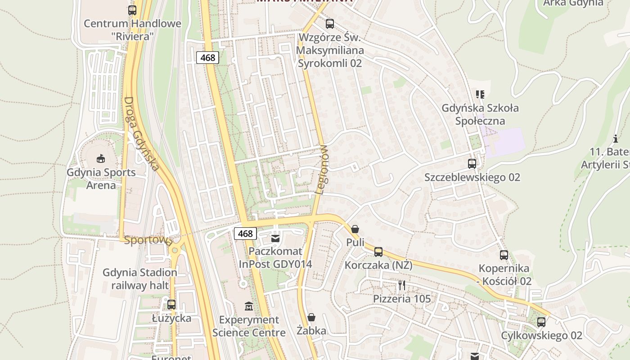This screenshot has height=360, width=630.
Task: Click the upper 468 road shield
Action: (x=207, y=58)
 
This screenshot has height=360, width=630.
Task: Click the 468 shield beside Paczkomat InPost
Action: (x=245, y=234)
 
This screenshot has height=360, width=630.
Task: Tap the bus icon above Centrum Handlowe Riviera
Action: (x=132, y=10)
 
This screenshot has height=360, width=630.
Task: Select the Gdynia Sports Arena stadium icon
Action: (x=101, y=158)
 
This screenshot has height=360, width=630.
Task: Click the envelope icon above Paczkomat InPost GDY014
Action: (x=275, y=238)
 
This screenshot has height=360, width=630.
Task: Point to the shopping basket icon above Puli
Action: (x=355, y=229)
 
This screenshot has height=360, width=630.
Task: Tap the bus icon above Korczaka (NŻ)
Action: (x=378, y=252)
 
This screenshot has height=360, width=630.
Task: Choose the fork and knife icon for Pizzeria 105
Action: (x=402, y=285)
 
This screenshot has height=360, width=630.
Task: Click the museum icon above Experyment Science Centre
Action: (x=249, y=306)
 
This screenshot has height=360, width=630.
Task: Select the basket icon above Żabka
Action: (x=311, y=318)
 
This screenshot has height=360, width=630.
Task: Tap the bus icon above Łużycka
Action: (x=171, y=305)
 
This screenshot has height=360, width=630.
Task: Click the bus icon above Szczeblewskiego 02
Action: (x=472, y=164)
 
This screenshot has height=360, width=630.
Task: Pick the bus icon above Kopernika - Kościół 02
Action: (x=504, y=255)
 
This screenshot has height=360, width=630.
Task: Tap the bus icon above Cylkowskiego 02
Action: (x=541, y=322)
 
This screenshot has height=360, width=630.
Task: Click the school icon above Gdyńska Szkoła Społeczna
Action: (x=480, y=94)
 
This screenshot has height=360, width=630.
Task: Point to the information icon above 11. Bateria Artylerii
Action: (x=616, y=139)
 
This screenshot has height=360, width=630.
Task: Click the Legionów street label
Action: (x=322, y=170)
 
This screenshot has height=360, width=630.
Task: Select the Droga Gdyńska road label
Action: (x=141, y=134)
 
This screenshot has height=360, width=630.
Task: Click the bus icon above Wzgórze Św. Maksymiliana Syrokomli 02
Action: (x=330, y=24)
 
